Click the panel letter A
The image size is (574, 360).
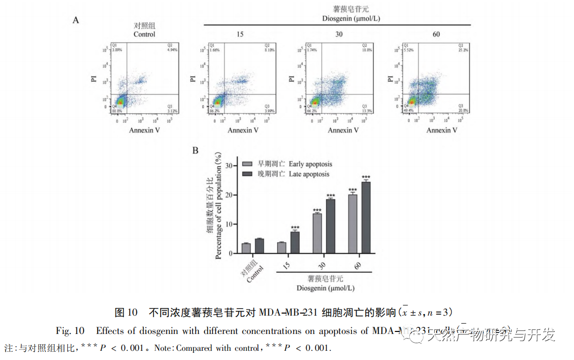pos(76,20)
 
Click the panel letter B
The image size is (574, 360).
pos(195,150)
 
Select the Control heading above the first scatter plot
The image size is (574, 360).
pos(144,34)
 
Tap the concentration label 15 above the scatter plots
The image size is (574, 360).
pos(240,34)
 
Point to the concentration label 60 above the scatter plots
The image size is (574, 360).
pos(436,34)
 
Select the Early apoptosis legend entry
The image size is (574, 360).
pos(310,164)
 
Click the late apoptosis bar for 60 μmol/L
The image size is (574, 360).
pos(366,218)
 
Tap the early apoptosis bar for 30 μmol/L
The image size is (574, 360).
pos(317,234)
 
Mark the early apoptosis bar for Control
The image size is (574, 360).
pos(246,248)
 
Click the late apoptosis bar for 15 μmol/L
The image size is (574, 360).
pos(295,243)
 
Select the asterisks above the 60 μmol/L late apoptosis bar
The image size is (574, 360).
pos(366,176)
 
